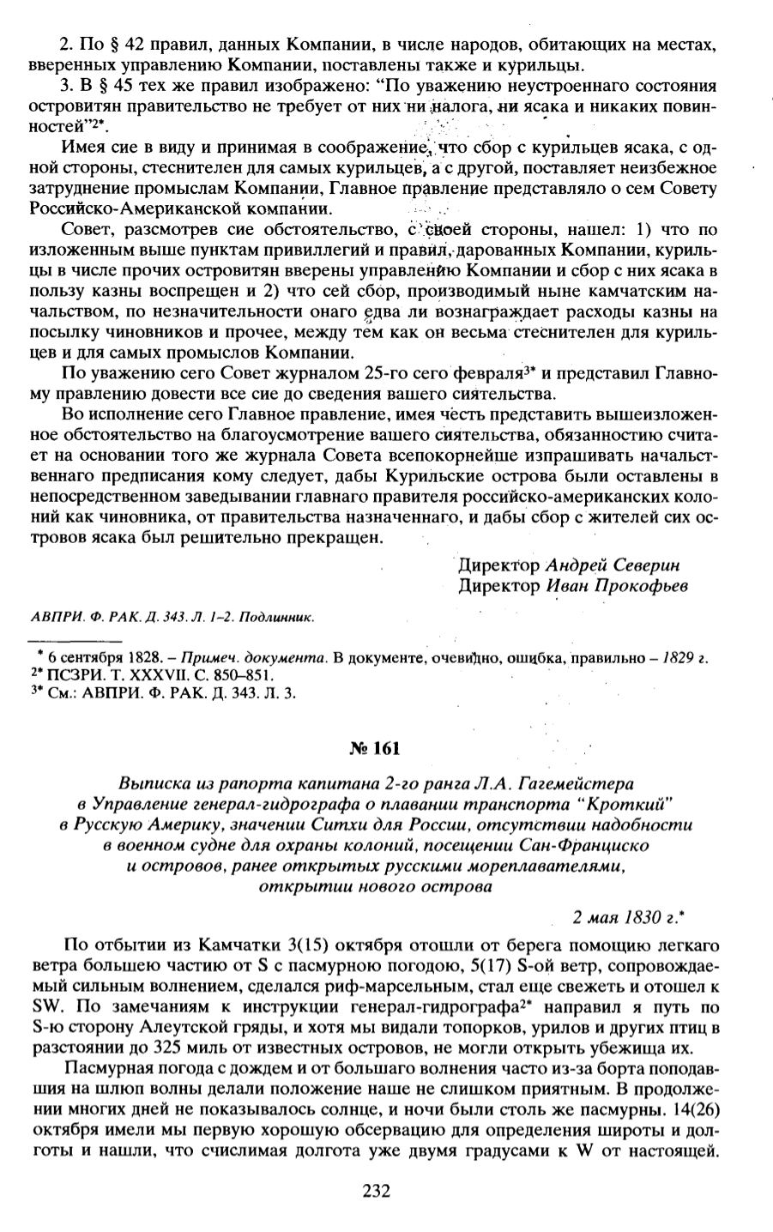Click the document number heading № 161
pos(375,747)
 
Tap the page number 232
pos(377,1190)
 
